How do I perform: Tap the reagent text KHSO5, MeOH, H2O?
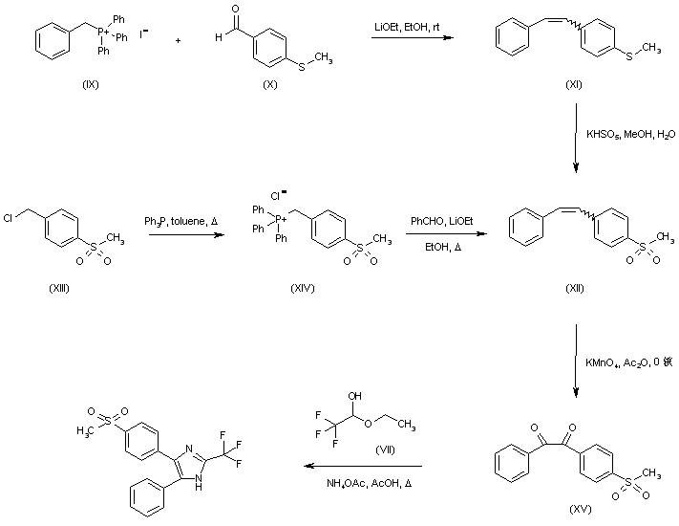(630, 135)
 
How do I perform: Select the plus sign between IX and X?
(179, 41)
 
